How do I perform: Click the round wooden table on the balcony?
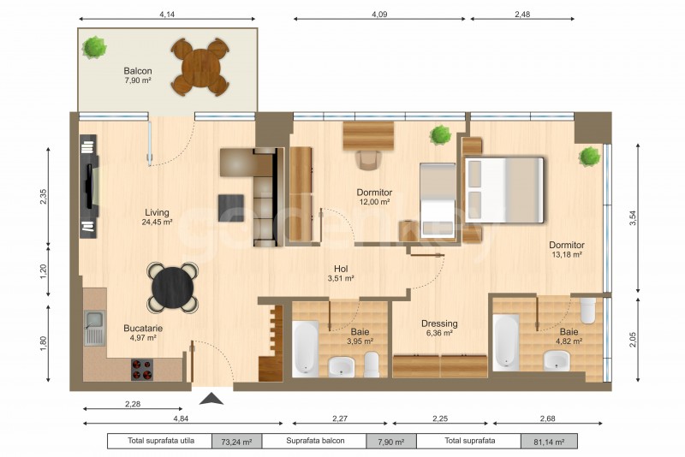point(200,68)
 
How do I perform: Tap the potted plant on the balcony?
point(94,48)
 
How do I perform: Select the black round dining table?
point(173,288)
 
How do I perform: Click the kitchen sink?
point(94,328)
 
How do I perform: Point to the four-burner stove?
point(142,369)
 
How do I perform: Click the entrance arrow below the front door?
point(211,399)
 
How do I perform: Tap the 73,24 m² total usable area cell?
point(236,442)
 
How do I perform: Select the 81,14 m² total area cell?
point(549,442)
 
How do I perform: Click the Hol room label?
point(341,269)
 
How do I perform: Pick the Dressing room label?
point(439,323)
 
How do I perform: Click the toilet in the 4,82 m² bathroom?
point(588,310)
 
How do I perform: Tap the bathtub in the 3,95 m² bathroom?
point(305,348)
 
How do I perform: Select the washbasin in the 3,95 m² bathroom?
point(342,365)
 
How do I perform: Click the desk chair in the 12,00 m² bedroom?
point(368,159)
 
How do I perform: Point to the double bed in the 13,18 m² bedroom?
point(503,190)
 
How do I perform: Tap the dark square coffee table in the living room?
point(231,208)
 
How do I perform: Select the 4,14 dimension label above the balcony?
point(167,14)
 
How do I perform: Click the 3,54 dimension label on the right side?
point(633,218)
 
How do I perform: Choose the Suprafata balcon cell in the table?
point(315,441)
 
